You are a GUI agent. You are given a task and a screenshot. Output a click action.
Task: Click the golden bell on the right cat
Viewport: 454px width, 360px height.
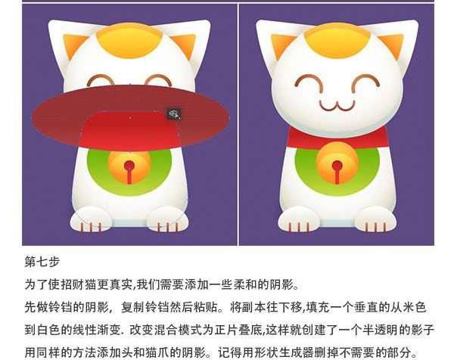[337, 163]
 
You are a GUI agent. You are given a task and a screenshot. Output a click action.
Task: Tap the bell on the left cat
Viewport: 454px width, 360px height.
[129, 168]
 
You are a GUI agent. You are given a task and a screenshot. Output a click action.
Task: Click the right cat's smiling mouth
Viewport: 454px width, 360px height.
[337, 105]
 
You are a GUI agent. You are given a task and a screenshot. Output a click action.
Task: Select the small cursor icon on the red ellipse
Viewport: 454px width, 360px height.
[174, 113]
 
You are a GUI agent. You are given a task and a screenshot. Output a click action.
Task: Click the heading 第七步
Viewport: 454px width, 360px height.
[42, 262]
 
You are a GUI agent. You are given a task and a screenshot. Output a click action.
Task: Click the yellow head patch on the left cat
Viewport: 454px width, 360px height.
[129, 41]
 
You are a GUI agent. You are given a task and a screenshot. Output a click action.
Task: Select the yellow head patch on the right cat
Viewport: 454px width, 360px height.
[337, 41]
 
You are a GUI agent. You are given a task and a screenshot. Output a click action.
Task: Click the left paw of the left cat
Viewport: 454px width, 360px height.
[91, 219]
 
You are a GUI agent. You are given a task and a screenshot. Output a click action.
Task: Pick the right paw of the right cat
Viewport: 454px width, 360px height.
[375, 219]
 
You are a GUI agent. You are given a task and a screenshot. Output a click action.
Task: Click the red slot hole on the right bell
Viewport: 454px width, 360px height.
[337, 172]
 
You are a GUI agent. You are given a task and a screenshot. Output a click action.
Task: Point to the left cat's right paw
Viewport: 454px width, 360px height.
[168, 219]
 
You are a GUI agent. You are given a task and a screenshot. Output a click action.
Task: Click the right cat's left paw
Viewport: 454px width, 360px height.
[299, 219]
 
